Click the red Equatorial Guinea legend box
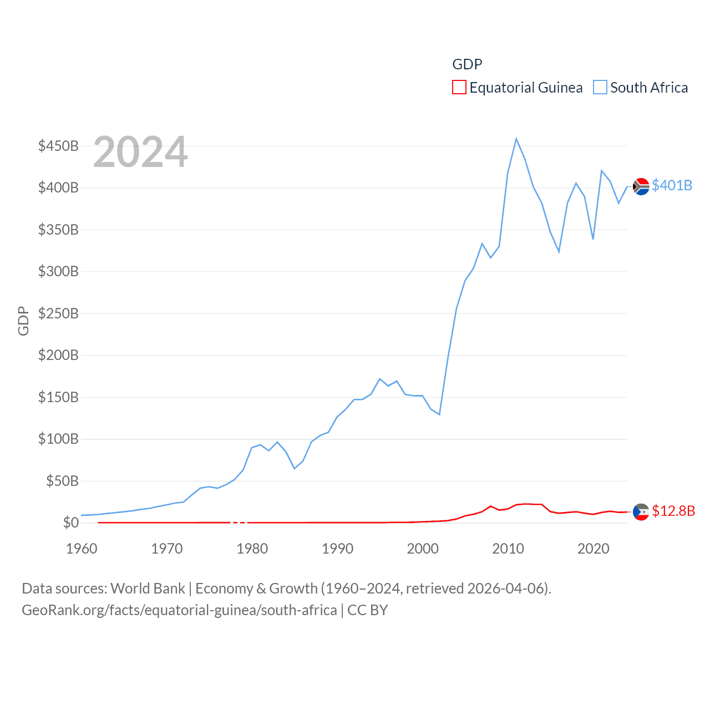click(459, 88)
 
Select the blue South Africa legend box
click(600, 88)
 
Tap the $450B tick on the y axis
click(58, 146)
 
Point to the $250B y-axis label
click(58, 313)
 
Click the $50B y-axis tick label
click(62, 481)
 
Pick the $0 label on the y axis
click(70, 523)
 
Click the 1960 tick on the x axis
click(82, 549)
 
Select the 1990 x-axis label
click(337, 549)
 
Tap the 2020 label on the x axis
click(593, 549)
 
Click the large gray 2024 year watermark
click(140, 152)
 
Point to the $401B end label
click(672, 185)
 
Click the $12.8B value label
click(673, 511)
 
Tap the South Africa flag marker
click(641, 187)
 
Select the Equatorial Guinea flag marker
click(641, 512)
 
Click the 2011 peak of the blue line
click(516, 139)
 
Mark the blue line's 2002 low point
click(439, 414)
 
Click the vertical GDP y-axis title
click(23, 321)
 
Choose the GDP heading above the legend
click(467, 64)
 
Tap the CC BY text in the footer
click(367, 610)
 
